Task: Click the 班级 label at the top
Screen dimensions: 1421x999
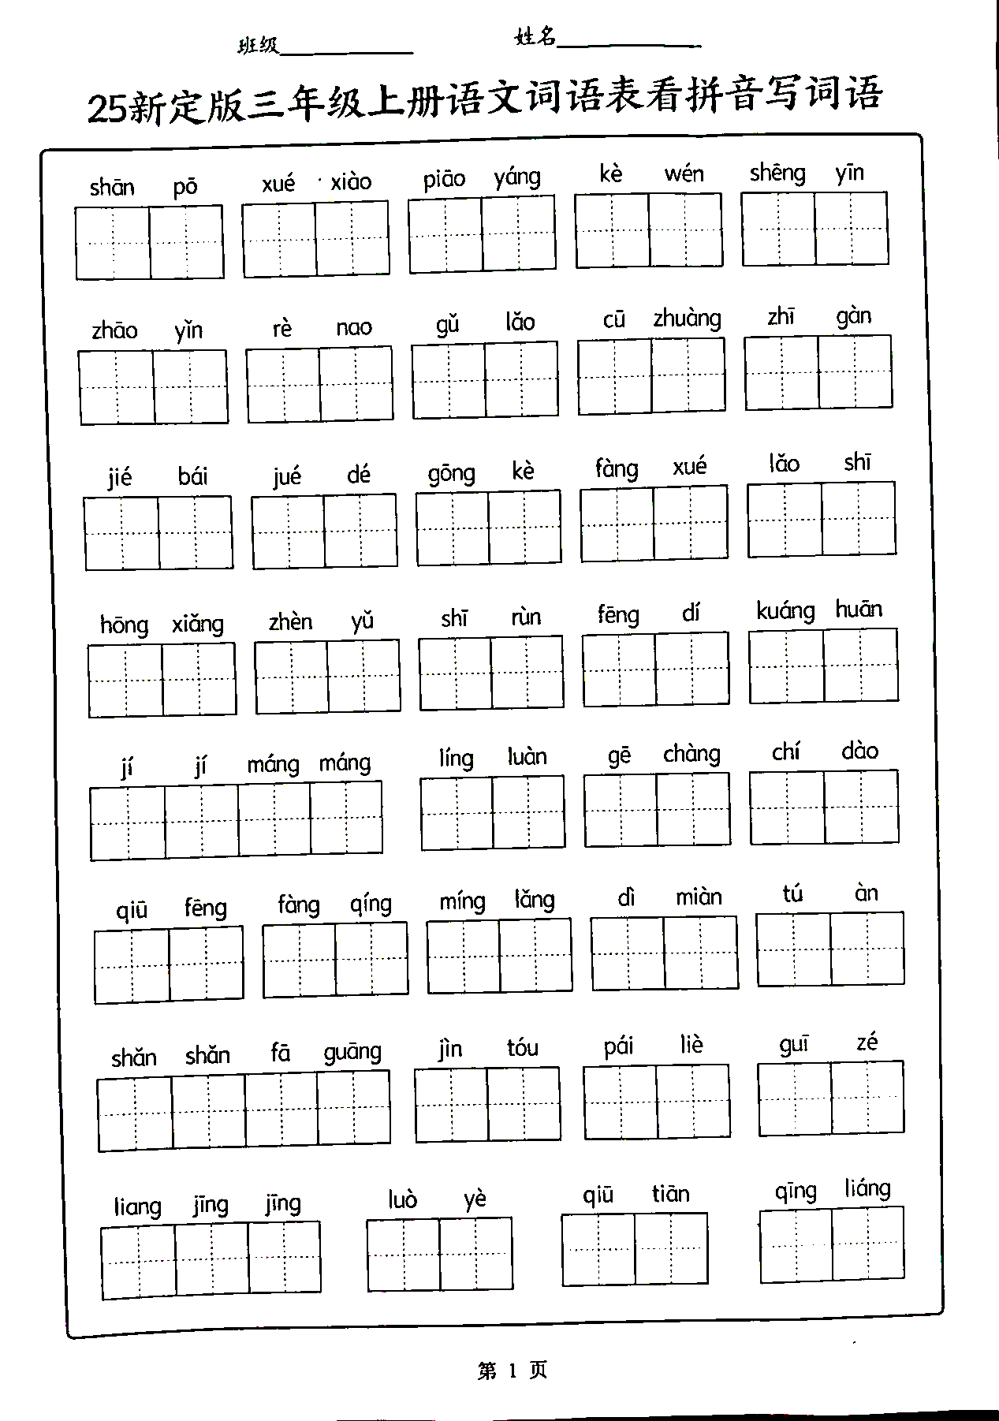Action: (258, 46)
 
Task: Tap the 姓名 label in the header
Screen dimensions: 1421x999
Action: (535, 36)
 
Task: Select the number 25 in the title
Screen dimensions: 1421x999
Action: (106, 109)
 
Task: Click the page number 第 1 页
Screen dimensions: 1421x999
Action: (512, 1371)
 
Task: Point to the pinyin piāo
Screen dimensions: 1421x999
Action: (444, 180)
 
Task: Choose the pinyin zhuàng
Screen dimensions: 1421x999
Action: (687, 319)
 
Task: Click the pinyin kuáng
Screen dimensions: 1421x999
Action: (785, 612)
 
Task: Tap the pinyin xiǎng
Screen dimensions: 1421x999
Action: (198, 625)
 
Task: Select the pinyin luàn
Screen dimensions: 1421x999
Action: (527, 757)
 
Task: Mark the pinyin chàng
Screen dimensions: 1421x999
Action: (691, 755)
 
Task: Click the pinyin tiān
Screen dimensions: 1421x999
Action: (670, 1194)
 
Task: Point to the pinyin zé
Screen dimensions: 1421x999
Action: (867, 1042)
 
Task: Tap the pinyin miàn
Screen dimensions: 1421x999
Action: (699, 897)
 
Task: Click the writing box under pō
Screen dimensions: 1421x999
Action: (187, 242)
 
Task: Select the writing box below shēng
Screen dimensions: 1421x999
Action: (778, 229)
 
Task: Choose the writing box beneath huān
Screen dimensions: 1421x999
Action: (861, 665)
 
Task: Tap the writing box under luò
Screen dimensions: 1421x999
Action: (403, 1255)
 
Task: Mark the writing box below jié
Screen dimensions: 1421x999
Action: (121, 533)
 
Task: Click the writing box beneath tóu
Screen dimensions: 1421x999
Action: (524, 1103)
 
